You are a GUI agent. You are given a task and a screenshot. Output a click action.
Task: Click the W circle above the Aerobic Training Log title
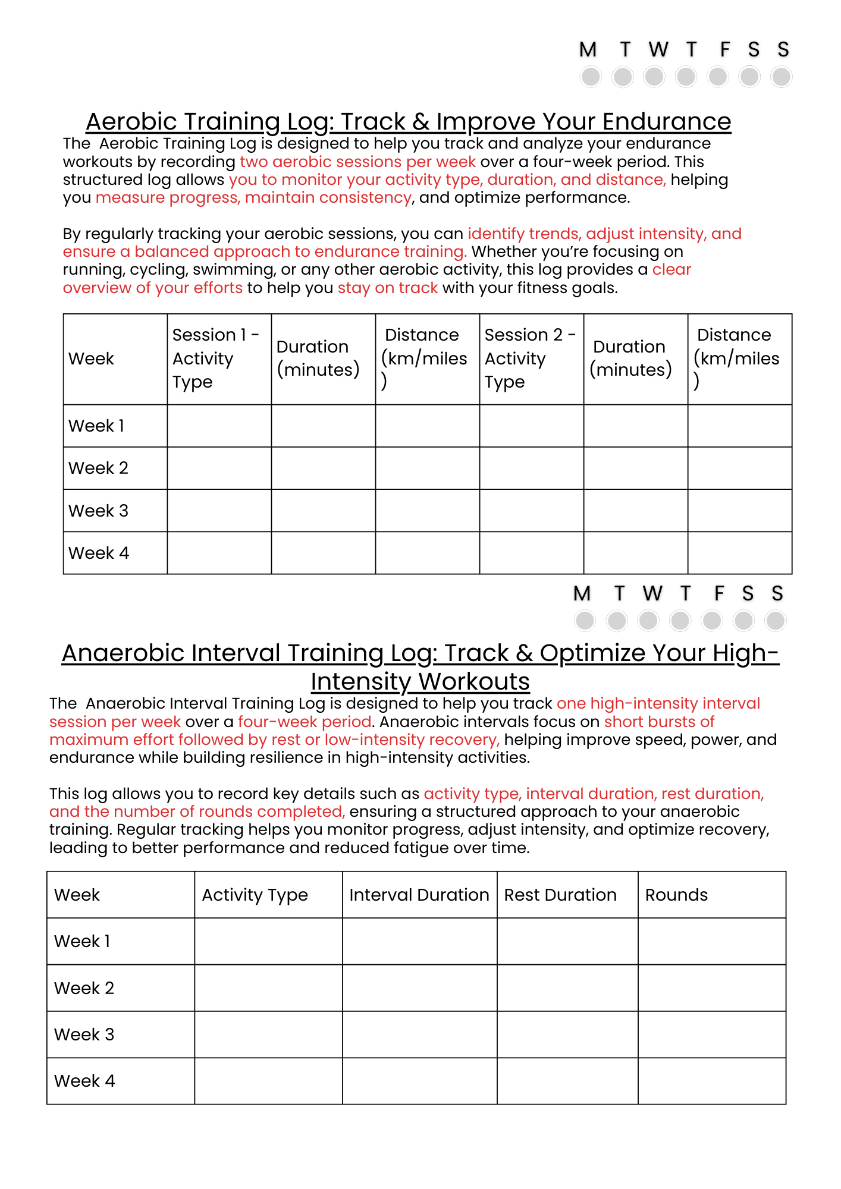point(654,77)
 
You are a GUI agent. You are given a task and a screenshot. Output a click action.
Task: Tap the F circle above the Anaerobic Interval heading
point(711,621)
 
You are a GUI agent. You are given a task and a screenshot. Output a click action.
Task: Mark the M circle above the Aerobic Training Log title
point(591,77)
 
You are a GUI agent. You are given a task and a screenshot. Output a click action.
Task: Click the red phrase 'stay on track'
point(388,288)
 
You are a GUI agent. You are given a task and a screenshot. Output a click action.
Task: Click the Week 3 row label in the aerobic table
point(99,511)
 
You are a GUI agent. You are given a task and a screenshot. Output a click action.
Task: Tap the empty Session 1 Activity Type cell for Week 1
point(219,426)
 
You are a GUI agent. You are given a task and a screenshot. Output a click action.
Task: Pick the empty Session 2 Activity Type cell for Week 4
point(531,553)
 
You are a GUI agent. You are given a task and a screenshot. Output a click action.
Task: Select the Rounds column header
point(677,895)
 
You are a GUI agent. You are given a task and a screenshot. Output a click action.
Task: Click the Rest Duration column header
point(560,895)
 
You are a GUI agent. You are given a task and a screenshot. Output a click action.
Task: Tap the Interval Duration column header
point(419,895)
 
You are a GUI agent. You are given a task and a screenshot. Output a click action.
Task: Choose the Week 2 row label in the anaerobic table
point(84,988)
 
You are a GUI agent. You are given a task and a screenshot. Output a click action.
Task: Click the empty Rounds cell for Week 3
point(712,1034)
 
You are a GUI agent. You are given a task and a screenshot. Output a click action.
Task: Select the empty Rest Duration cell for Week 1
point(567,941)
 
